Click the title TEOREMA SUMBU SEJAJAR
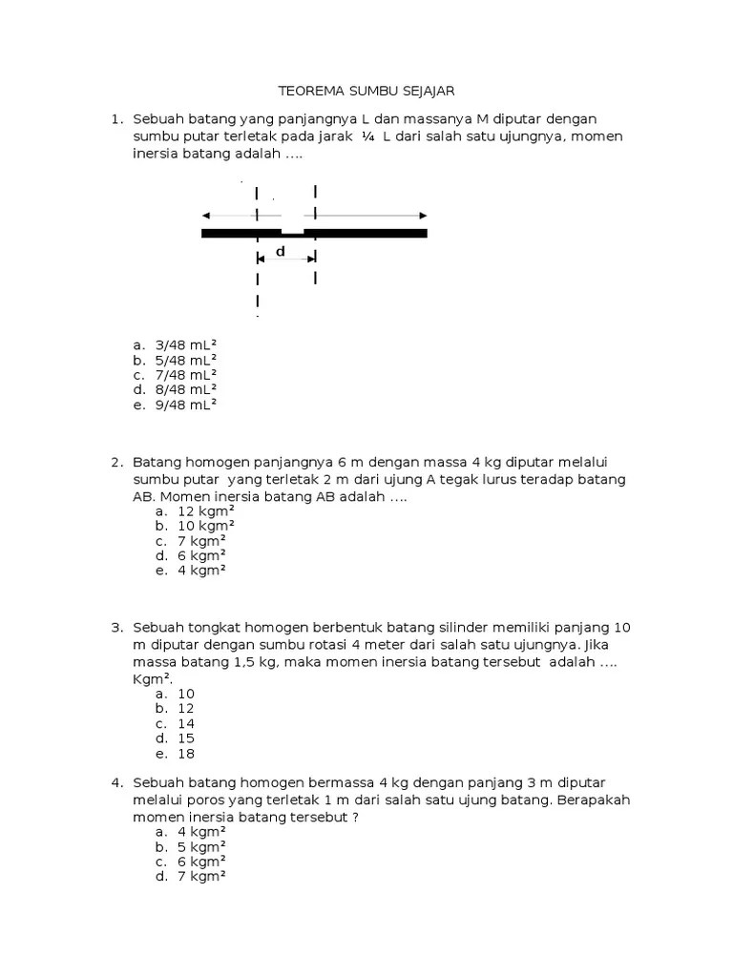pos(366,92)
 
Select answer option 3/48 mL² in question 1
pos(185,344)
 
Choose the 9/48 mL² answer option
pos(185,404)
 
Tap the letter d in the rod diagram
pos(281,252)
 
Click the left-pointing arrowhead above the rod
pos(207,216)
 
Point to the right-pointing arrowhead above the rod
pos(422,216)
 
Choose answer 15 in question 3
pos(186,738)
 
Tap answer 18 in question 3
pos(186,753)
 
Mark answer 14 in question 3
pos(186,723)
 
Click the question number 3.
pos(115,628)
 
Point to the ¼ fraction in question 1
pos(367,137)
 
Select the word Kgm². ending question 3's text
pos(153,678)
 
